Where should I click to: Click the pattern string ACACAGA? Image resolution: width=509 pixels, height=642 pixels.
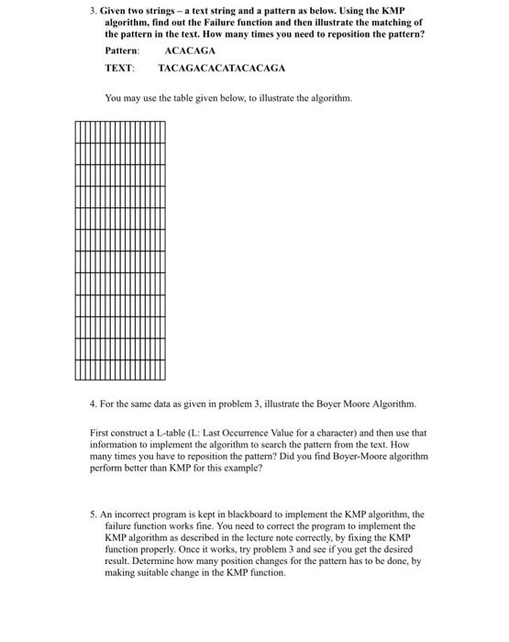click(x=190, y=50)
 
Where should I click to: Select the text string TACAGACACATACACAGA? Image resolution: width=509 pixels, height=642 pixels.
click(x=221, y=68)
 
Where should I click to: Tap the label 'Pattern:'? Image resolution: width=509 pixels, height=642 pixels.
click(x=123, y=50)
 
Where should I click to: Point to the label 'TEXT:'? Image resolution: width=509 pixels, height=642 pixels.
click(x=119, y=68)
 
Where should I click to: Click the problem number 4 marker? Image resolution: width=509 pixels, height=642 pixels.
click(x=93, y=404)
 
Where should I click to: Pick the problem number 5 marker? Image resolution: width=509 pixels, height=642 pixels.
click(x=94, y=515)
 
